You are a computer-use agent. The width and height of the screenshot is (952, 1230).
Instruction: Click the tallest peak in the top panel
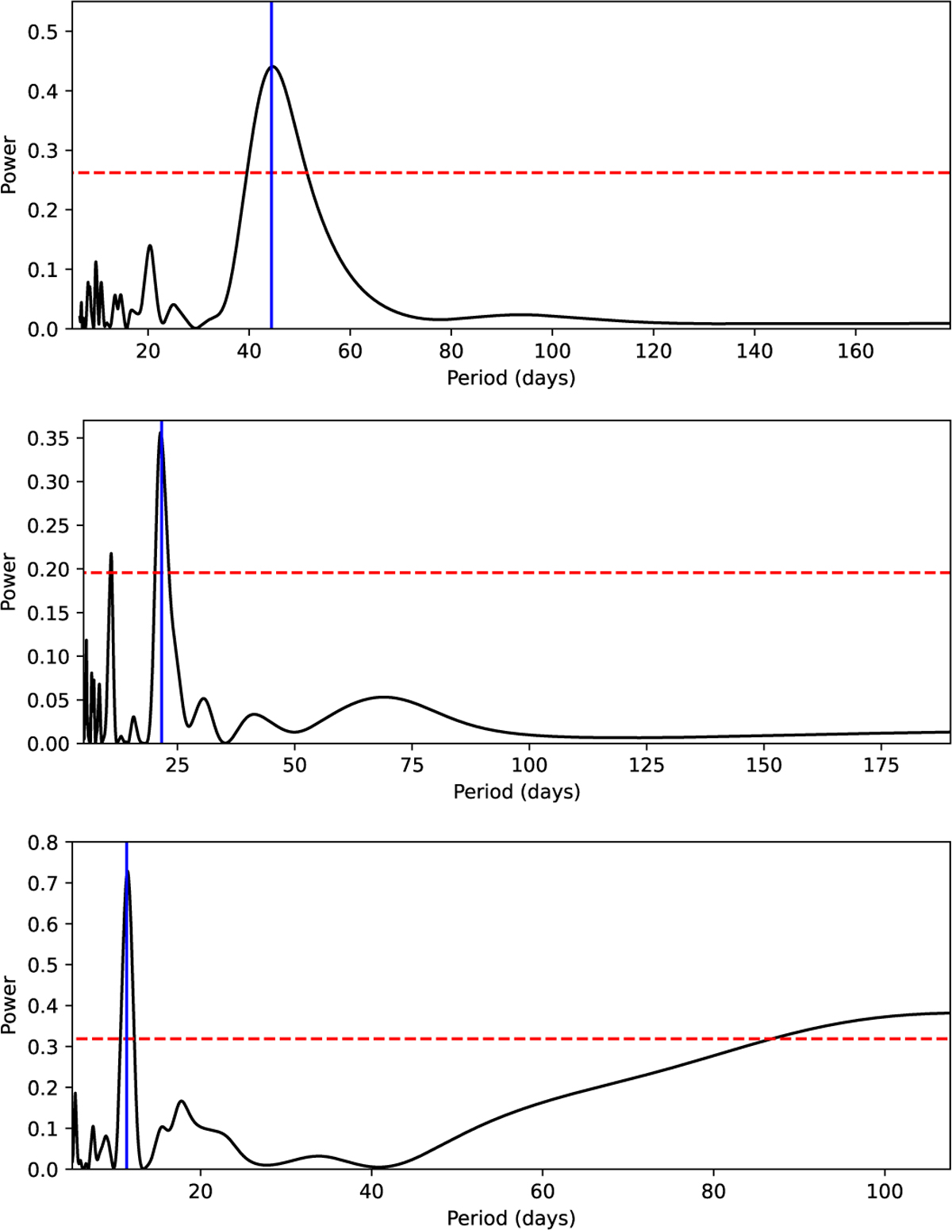tap(272, 67)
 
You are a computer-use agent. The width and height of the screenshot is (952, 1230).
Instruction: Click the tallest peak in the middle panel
tap(160, 433)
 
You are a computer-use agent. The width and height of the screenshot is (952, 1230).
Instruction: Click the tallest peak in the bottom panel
tap(127, 871)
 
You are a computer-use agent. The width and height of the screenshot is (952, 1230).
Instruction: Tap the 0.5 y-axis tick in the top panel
tap(49, 32)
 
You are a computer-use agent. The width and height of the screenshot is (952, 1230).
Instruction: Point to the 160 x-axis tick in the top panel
tap(855, 350)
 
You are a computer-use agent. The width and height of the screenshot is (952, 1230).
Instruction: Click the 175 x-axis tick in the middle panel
tap(881, 765)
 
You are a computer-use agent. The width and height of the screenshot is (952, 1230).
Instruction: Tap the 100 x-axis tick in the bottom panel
tap(884, 1191)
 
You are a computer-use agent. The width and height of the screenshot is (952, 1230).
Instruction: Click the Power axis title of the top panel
tap(10, 165)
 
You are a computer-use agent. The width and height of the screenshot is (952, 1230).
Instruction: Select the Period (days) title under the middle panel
tap(516, 792)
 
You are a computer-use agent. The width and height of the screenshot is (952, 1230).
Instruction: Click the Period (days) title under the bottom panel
tap(511, 1218)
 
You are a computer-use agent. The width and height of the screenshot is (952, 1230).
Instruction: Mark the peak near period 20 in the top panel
tap(149, 246)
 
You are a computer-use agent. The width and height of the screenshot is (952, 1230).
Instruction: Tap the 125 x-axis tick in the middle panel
tap(647, 765)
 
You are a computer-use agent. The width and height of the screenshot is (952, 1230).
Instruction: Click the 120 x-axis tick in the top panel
tap(653, 350)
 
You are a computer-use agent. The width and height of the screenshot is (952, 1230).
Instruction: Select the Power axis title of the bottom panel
tap(10, 1005)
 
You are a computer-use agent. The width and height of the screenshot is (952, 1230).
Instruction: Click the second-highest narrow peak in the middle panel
tap(111, 553)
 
